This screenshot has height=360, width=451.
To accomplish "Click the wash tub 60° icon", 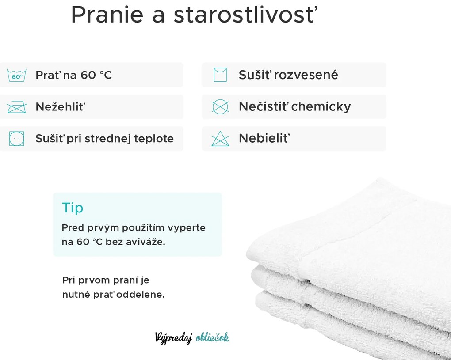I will pos(17,75).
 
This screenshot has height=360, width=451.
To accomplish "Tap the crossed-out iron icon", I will pos(17,107).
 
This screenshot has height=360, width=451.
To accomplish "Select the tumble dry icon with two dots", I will pos(17,139).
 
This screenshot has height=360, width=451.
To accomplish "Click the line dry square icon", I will pos(220,75).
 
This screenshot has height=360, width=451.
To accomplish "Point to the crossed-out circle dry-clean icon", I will pos(220,107).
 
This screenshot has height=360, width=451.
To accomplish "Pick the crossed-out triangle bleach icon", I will pos(220,139).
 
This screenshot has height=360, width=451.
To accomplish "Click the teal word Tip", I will pos(73,208).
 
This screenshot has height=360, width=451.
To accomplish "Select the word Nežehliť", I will pos(60,107).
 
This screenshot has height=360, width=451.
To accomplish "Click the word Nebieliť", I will pos(264,139).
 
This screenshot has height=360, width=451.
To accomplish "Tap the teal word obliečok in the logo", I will pos(212,338).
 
